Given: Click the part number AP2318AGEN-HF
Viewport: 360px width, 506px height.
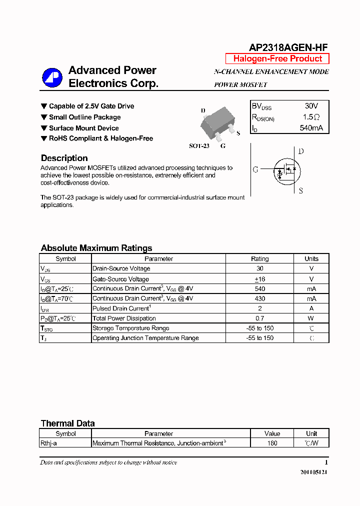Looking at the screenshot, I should tap(288, 47).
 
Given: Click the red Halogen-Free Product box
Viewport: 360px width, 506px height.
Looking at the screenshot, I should tap(277, 58).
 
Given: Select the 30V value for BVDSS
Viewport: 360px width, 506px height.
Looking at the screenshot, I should tap(311, 106).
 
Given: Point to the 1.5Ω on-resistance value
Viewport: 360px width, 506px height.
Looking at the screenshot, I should tap(311, 117).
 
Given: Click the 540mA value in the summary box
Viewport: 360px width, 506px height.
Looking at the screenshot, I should tap(311, 128).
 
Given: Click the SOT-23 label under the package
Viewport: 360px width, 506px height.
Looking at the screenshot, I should tap(199, 146).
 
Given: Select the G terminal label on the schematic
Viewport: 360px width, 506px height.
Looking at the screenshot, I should tap(255, 170).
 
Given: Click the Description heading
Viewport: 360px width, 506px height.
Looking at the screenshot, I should tap(64, 158).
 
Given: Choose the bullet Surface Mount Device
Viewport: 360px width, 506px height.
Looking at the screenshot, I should tap(83, 128).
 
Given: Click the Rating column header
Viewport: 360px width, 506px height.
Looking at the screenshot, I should tap(259, 259).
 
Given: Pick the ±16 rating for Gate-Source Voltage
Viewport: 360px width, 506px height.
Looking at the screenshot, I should tap(259, 279).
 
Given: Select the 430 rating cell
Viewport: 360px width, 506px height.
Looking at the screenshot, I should tap(259, 298).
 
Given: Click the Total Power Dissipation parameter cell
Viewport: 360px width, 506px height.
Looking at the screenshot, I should tap(124, 318).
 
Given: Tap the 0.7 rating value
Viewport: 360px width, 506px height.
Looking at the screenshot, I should tap(259, 318).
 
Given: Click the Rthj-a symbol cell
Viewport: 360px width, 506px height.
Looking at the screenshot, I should tap(49, 443).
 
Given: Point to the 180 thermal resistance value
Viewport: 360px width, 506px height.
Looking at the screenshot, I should tap(272, 443).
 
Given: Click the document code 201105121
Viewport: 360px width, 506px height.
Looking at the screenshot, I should tap(314, 472).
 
